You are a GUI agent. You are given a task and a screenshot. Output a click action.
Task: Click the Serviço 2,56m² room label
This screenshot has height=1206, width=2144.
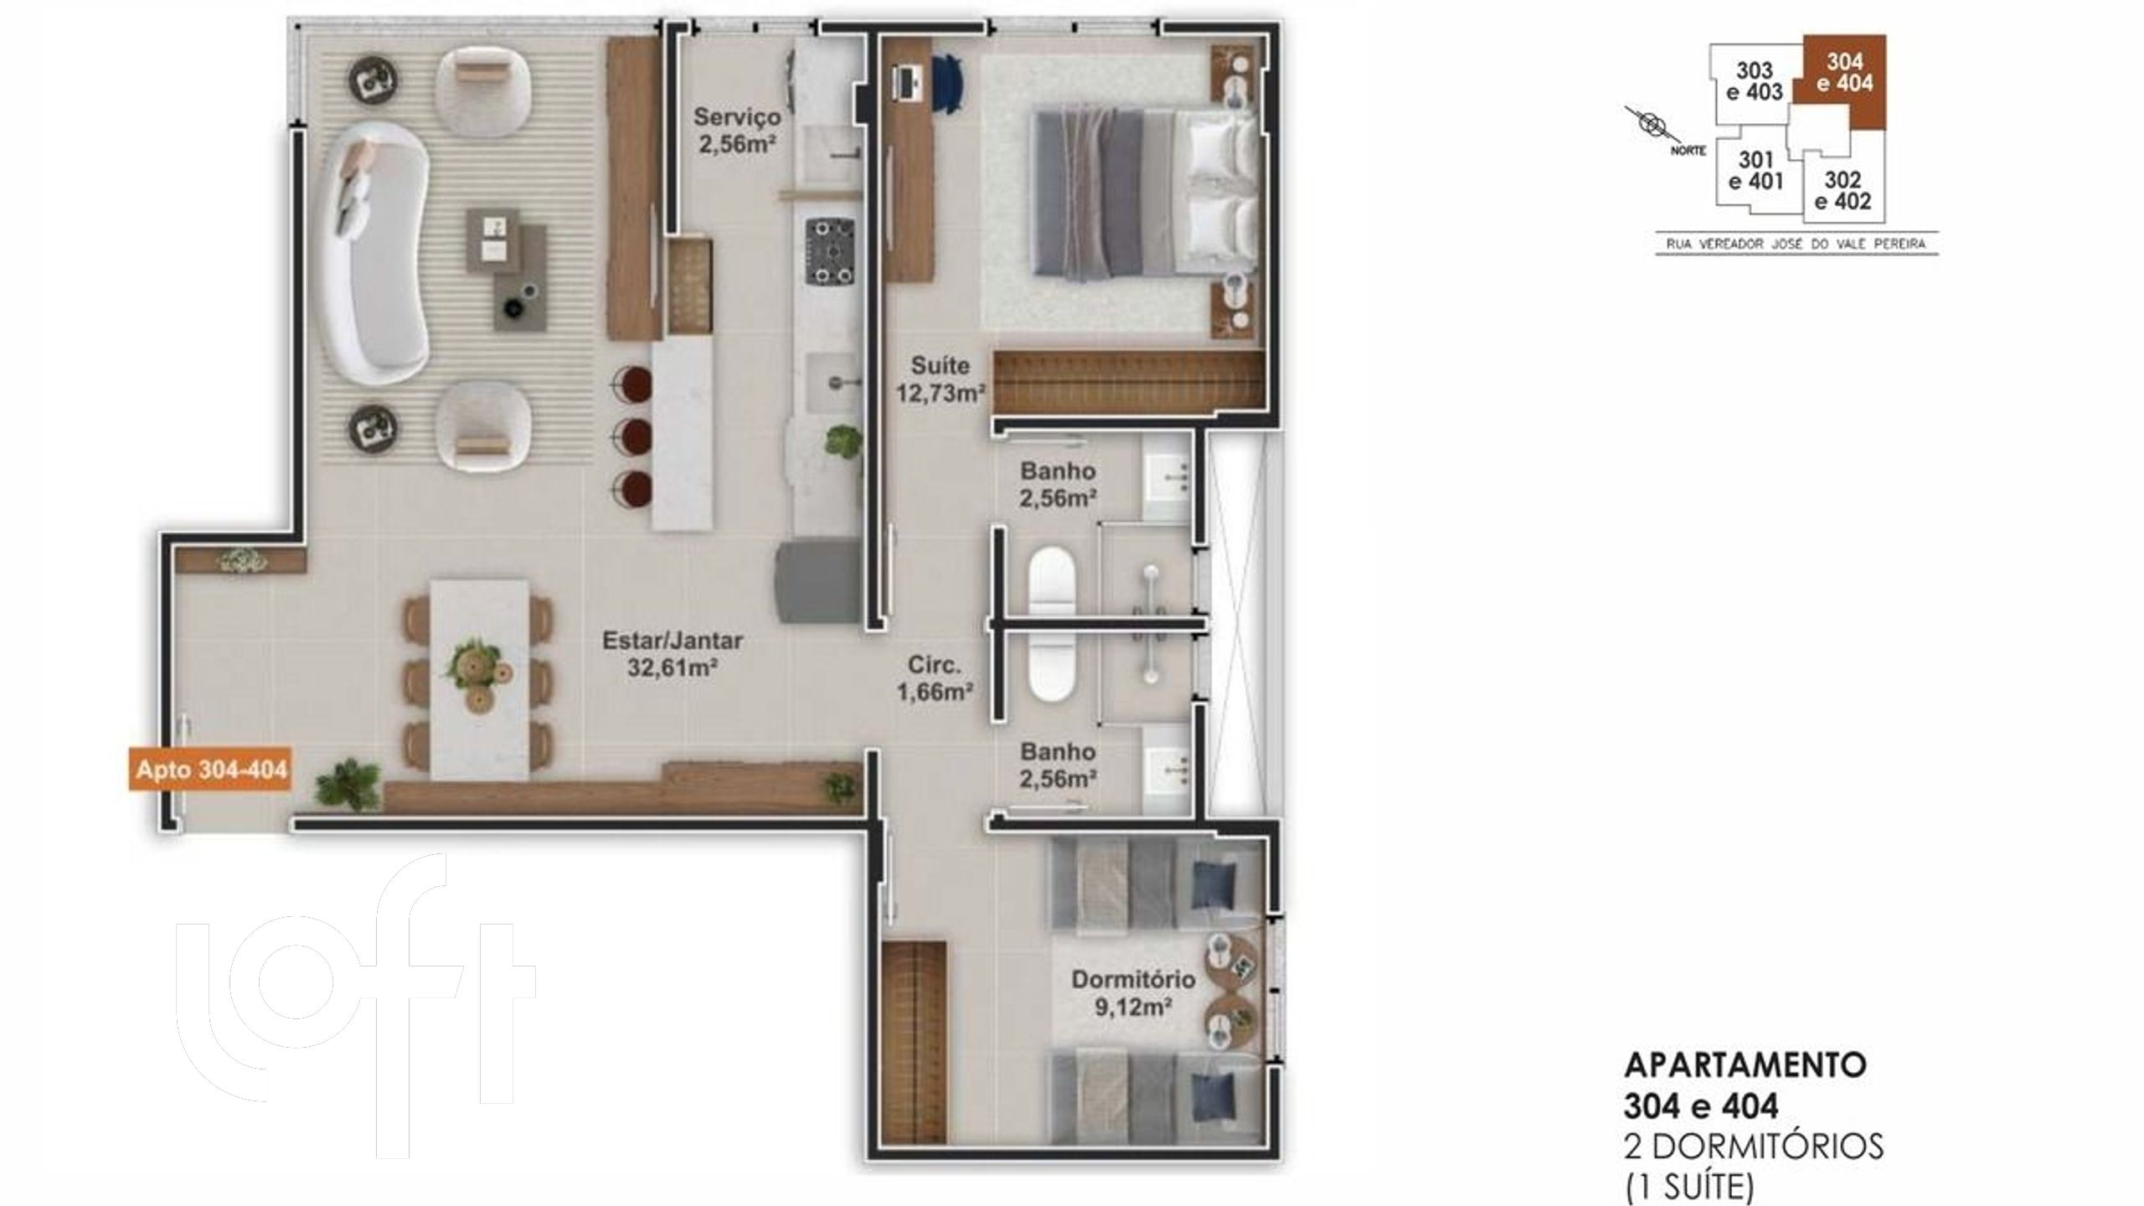(737, 129)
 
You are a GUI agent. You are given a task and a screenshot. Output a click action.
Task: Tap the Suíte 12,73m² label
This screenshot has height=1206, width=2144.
(941, 379)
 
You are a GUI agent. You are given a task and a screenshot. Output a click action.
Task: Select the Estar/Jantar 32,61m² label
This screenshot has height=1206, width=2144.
(673, 654)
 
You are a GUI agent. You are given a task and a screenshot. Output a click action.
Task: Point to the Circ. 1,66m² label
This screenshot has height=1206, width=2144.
(934, 678)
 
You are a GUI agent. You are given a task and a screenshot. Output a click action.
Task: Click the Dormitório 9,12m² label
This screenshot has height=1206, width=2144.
(1133, 992)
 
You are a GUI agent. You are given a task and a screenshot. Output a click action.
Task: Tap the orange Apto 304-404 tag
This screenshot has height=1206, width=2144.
(211, 769)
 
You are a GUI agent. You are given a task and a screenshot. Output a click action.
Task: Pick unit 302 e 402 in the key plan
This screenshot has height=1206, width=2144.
(1842, 191)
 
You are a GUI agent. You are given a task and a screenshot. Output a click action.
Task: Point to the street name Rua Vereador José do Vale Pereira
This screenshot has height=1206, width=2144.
(1796, 245)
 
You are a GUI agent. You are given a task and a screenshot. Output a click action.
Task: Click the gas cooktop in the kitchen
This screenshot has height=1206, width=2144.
(830, 251)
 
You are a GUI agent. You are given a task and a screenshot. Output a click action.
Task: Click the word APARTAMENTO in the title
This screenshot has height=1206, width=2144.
(1745, 1088)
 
